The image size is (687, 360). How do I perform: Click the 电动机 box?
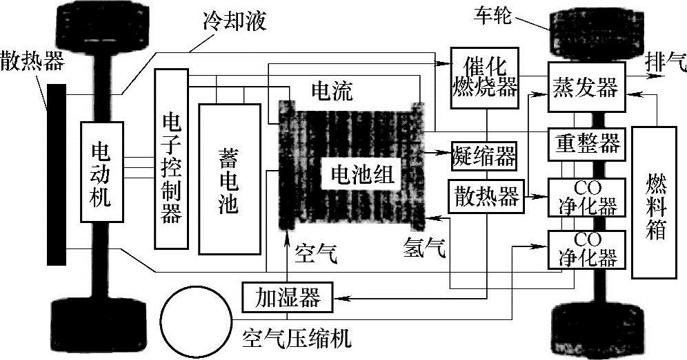point(101,172)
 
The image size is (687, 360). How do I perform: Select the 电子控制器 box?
point(171,158)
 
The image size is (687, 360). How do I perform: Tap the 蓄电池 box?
point(229,178)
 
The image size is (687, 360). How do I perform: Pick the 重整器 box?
point(586,144)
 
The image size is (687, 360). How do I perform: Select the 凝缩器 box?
point(484,156)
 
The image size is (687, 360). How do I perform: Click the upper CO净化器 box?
point(586,197)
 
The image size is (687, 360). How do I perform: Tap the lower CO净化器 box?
point(586,249)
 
